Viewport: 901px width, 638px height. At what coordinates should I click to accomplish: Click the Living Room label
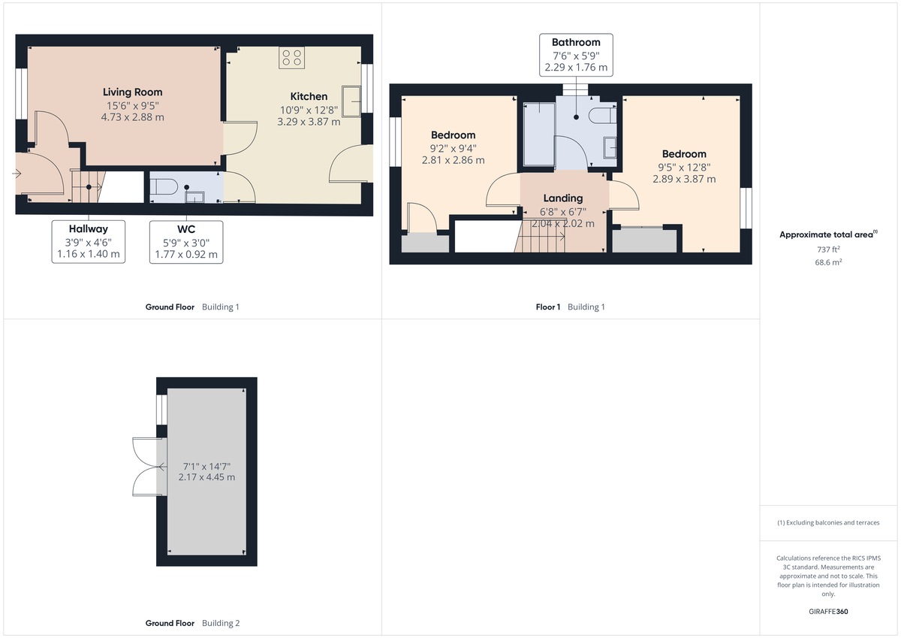coord(132,92)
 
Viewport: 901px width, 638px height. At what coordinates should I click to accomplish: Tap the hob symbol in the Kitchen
coord(291,58)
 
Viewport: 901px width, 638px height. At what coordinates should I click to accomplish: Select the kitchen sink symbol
coord(351,98)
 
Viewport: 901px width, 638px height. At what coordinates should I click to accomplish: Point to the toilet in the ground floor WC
coord(164,186)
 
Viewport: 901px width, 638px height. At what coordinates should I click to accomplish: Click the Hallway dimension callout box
coord(89,241)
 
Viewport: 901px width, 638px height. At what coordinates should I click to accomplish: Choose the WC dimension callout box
coord(186,241)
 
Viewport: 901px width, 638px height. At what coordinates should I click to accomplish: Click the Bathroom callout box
coord(576,55)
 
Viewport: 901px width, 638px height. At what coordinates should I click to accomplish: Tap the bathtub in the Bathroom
coord(538,133)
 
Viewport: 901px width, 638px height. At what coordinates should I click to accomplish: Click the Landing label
coord(562,198)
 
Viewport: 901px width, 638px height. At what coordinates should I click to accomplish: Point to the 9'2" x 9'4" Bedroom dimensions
coord(453,148)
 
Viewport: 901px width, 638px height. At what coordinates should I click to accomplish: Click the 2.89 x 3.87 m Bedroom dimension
coord(684,179)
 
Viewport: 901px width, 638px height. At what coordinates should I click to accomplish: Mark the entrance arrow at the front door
coord(17,174)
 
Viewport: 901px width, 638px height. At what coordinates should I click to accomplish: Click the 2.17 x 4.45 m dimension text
coord(206,477)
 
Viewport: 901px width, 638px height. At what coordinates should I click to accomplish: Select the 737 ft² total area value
coord(829,249)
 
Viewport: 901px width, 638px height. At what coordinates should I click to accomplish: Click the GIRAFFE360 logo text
coord(829,612)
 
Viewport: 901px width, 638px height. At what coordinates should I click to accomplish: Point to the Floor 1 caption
coord(547,307)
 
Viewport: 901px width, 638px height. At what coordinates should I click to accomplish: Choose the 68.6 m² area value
coord(829,263)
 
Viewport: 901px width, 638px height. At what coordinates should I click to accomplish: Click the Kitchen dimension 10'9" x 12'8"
coord(309,109)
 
